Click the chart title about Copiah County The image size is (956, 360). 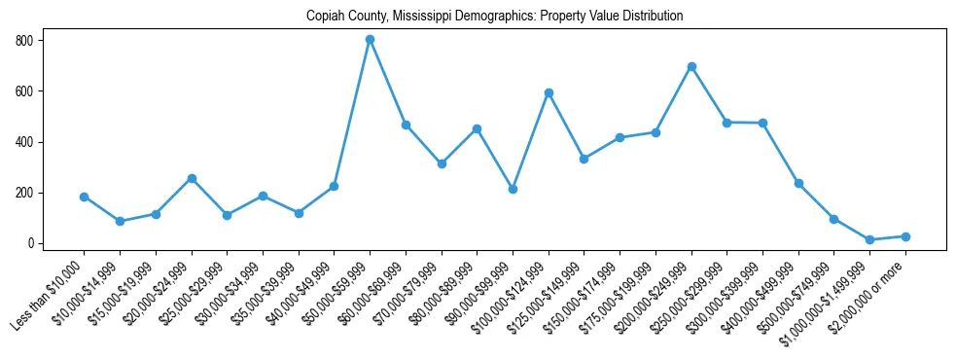[x=494, y=16]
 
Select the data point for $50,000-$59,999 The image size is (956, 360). [x=370, y=40]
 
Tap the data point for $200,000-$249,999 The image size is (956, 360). [x=691, y=66]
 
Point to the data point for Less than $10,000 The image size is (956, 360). [x=84, y=197]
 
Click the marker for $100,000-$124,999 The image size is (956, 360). [x=549, y=92]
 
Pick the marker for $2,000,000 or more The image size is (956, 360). [x=905, y=236]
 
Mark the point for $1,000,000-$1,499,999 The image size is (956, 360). [x=870, y=239]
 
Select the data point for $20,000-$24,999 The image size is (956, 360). [x=192, y=178]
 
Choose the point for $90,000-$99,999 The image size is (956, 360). [x=513, y=189]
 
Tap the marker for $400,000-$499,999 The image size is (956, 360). [x=798, y=183]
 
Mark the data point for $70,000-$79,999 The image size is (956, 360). [x=442, y=163]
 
